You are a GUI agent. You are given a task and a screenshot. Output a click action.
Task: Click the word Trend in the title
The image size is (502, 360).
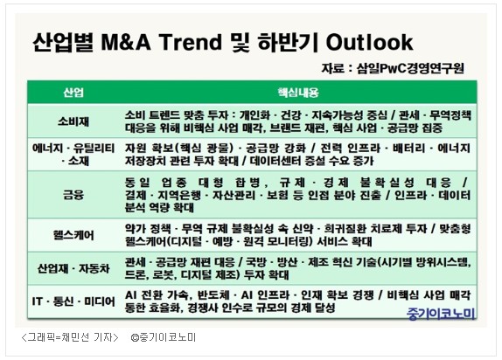191,42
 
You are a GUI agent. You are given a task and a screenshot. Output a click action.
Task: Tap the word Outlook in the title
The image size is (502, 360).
369,42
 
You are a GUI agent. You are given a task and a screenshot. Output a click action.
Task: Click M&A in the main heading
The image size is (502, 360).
126,42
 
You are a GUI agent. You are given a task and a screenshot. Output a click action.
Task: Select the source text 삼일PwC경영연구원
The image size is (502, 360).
410,68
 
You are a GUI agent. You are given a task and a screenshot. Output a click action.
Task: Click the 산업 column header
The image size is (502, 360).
73,93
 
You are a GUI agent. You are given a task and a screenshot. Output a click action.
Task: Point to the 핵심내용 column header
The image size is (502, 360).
298,93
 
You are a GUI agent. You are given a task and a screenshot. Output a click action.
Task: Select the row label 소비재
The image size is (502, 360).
73,121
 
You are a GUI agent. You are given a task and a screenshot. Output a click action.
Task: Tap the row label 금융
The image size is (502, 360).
73,195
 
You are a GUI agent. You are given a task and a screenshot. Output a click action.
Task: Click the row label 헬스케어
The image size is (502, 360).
73,235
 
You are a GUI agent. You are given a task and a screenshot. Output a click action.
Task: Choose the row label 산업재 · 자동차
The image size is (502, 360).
73,268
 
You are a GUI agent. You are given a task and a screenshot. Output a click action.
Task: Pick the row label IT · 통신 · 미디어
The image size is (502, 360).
73,301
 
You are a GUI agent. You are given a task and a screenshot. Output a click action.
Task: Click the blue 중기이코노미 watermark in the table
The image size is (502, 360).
441,314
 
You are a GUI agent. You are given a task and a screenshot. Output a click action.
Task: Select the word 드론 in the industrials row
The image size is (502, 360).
135,275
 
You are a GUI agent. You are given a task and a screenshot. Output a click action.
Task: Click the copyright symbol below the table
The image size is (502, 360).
135,337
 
